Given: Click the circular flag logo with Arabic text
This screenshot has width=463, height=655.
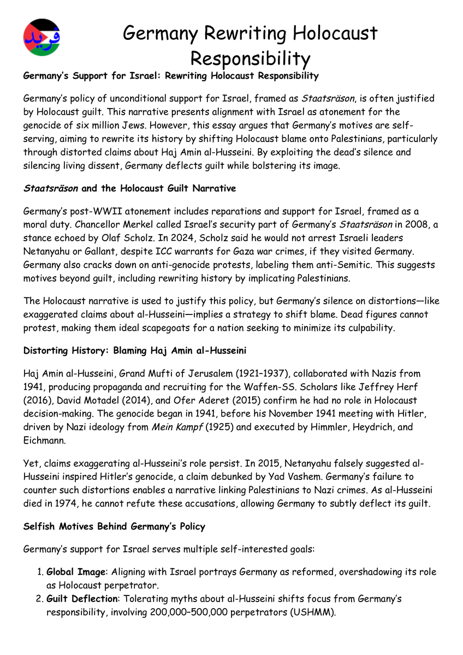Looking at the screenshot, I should pyautogui.click(x=42, y=37).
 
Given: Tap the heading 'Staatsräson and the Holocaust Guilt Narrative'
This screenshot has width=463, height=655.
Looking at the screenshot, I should pyautogui.click(x=129, y=188).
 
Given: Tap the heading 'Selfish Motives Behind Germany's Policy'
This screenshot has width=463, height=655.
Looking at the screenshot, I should pyautogui.click(x=114, y=526).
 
